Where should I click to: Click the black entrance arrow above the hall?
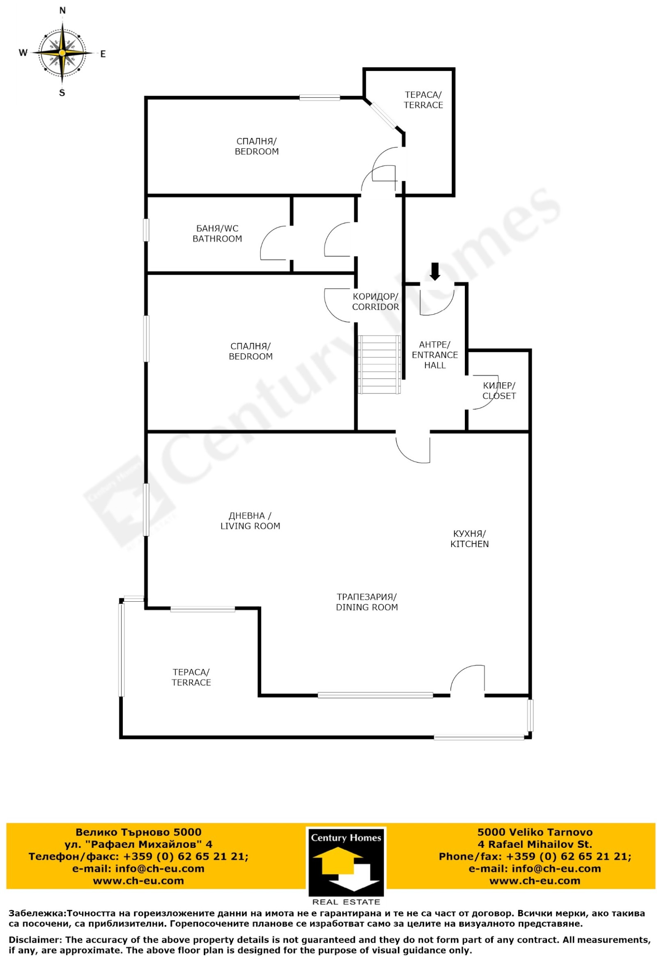coord(435,271)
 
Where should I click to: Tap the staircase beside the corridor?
coord(379,364)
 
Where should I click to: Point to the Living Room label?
coord(250,520)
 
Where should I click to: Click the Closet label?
coord(499,390)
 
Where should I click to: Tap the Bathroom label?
coord(217,233)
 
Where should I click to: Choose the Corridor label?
coord(375,301)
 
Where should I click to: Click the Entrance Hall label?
coord(435,354)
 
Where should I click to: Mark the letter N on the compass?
coord(62,11)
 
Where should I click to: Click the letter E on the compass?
coord(103,53)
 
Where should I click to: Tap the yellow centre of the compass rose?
coord(62,53)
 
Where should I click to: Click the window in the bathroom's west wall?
coord(146,230)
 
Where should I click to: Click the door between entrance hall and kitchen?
coord(413,448)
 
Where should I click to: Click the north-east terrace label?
coord(423,100)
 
